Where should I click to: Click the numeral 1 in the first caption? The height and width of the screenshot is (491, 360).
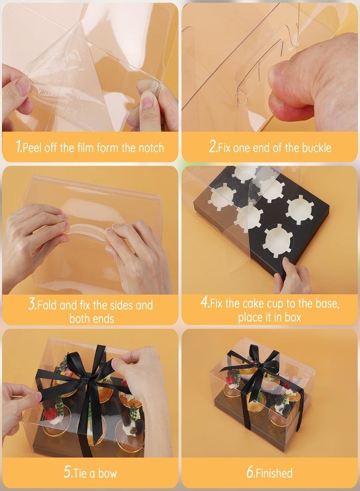[19, 146]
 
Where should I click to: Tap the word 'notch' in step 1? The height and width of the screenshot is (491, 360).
[151, 147]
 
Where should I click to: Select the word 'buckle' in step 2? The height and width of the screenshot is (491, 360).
[316, 147]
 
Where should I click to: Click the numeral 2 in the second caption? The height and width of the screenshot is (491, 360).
[213, 146]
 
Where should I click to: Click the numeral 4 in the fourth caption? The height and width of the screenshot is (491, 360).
[205, 302]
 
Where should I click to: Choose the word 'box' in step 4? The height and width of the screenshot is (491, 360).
[293, 317]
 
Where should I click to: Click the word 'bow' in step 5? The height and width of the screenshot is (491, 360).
[107, 473]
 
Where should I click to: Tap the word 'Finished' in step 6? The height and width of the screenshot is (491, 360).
[274, 473]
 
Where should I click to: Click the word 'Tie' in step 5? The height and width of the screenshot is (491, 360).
[80, 473]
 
